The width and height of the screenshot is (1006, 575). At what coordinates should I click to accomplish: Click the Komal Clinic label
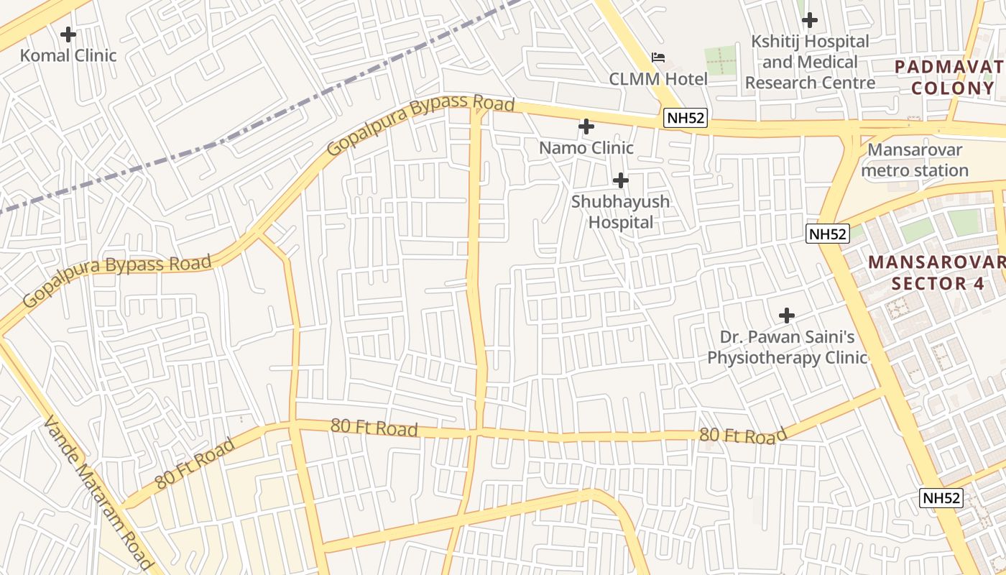[68, 55]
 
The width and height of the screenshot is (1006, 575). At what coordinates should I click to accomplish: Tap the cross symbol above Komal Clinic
[68, 34]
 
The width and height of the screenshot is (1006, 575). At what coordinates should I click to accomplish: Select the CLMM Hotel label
[658, 79]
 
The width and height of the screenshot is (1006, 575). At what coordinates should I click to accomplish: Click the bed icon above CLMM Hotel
[658, 57]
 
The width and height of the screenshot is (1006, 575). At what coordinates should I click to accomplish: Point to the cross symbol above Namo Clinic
[586, 127]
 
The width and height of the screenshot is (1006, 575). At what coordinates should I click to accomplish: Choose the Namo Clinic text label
[586, 148]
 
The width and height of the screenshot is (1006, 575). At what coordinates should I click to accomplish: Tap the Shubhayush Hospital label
[621, 212]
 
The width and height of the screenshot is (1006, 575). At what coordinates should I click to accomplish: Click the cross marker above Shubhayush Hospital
[621, 180]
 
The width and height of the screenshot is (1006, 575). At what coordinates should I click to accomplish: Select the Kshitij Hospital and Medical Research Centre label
[810, 62]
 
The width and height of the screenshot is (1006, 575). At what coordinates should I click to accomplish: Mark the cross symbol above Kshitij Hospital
[810, 20]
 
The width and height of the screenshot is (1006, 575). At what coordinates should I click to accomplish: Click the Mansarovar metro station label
[915, 160]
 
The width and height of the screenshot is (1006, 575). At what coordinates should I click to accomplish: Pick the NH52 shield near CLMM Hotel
[685, 119]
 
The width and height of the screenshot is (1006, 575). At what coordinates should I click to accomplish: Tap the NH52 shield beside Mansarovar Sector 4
[827, 234]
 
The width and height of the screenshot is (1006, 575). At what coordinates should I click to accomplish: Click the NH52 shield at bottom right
[941, 498]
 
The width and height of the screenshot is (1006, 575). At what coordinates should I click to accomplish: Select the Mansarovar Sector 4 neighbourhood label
[938, 272]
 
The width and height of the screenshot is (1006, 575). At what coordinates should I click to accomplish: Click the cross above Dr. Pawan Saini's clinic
[787, 315]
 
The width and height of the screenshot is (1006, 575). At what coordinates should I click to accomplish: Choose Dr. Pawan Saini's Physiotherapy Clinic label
[787, 347]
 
